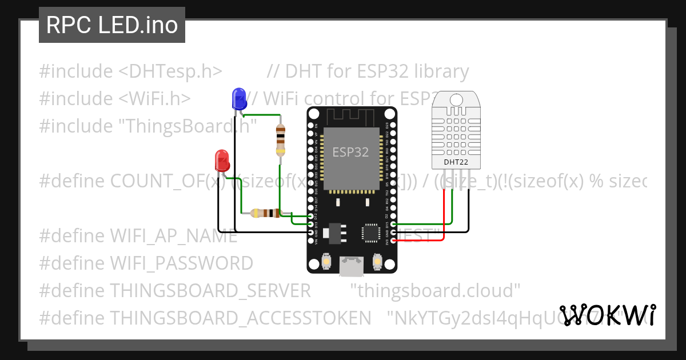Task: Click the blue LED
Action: click(238, 99)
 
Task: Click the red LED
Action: click(222, 161)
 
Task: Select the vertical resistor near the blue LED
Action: click(280, 139)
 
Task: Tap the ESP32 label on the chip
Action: click(351, 153)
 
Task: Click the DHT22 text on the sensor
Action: click(456, 162)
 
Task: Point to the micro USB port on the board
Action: click(351, 265)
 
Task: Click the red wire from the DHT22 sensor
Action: click(445, 217)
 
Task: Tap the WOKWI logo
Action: click(608, 315)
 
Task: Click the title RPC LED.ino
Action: click(112, 25)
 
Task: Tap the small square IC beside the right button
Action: click(370, 233)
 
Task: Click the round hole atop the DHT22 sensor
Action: click(456, 100)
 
